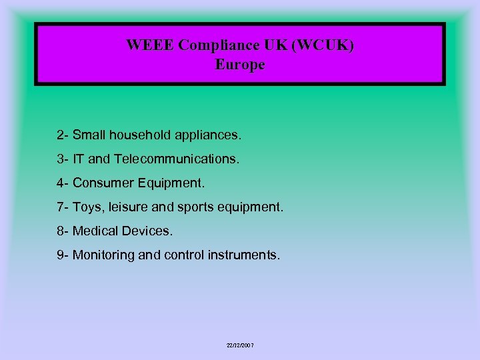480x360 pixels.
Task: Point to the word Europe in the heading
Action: pyautogui.click(x=240, y=65)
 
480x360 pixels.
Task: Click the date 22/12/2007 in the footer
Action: pyautogui.click(x=240, y=345)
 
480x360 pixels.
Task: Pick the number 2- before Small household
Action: pyautogui.click(x=63, y=135)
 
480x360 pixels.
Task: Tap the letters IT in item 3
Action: pyautogui.click(x=78, y=159)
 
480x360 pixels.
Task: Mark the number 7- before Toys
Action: pyautogui.click(x=63, y=207)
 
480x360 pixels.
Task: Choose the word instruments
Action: pyautogui.click(x=245, y=255)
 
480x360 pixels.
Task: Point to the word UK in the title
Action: pyautogui.click(x=278, y=45)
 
